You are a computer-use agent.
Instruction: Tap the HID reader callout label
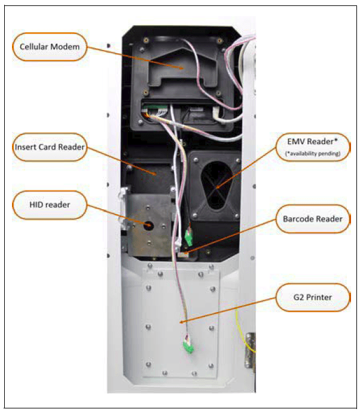tap(48, 205)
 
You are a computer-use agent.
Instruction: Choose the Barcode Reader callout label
tap(313, 219)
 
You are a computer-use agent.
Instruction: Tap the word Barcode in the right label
tap(299, 219)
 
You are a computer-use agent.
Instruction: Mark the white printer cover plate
tap(179, 317)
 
